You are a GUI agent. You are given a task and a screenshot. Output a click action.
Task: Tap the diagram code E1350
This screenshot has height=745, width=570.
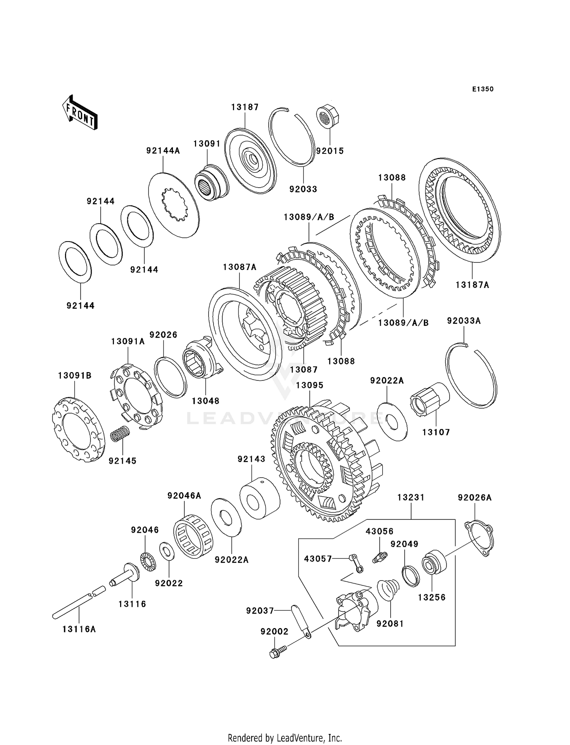coord(483,89)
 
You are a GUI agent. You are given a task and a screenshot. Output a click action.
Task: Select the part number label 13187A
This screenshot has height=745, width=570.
coord(472,285)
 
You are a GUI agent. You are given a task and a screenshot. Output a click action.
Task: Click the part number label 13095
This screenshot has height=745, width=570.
coord(310,385)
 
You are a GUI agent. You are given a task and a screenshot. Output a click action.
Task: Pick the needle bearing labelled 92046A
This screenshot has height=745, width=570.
coord(193,535)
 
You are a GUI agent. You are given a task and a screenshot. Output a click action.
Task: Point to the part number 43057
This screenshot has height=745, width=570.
coord(318,559)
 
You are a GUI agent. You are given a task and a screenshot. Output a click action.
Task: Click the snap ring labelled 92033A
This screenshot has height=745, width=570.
coord(471,376)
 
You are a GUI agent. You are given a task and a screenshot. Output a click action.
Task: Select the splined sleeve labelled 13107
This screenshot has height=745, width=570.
coord(430,401)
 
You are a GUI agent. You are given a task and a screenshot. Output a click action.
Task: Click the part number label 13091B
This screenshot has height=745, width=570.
coord(75,376)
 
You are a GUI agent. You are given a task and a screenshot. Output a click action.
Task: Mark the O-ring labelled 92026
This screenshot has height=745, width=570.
coord(171,377)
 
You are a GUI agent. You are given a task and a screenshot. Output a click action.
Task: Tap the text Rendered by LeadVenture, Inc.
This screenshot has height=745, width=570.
coord(285,738)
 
